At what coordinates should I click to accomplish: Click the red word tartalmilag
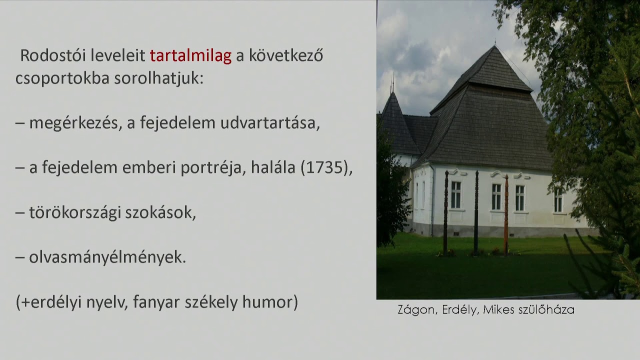(190, 56)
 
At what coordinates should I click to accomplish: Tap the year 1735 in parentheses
(325, 168)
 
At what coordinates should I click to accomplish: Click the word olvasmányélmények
(107, 257)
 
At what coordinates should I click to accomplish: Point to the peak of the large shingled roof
(494, 48)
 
